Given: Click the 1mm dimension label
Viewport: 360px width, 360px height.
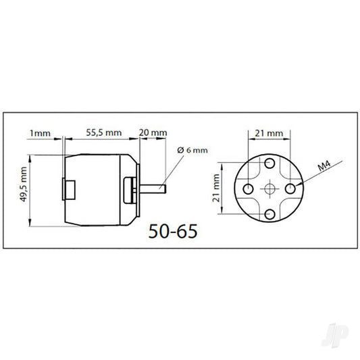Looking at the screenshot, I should coord(41,133).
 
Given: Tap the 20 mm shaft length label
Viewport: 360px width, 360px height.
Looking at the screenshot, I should coord(153,133).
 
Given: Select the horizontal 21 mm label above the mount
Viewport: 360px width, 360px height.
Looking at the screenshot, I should coord(268,134).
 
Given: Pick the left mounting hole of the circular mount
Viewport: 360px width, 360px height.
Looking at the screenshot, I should coord(249,187).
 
